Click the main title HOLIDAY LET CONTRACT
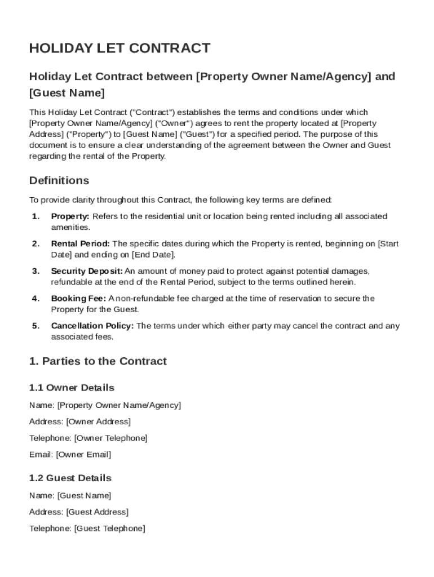pyautogui.click(x=119, y=48)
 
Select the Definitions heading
pyautogui.click(x=59, y=181)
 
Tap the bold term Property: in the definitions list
pyautogui.click(x=70, y=216)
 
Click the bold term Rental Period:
pyautogui.click(x=81, y=244)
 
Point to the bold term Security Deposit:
pyautogui.click(x=86, y=271)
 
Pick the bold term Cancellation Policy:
pyautogui.click(x=92, y=326)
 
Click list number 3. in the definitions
pyautogui.click(x=36, y=271)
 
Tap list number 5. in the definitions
pyautogui.click(x=36, y=326)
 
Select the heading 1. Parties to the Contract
pyautogui.click(x=98, y=361)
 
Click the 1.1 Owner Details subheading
pyautogui.click(x=71, y=388)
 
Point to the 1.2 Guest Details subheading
pyautogui.click(x=70, y=478)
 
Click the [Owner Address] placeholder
pyautogui.click(x=98, y=421)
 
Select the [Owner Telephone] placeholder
pyautogui.click(x=110, y=438)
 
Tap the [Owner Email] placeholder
pyautogui.click(x=83, y=454)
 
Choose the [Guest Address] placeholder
pyautogui.click(x=97, y=512)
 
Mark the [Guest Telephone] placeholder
pyautogui.click(x=109, y=529)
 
